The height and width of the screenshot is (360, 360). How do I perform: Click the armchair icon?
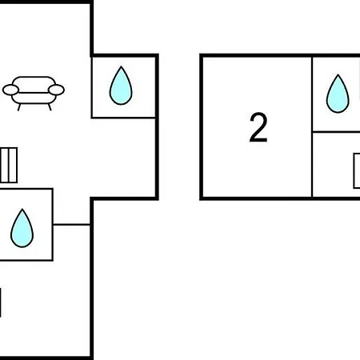(x=34, y=94)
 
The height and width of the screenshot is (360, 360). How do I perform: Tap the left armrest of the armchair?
(x=10, y=90)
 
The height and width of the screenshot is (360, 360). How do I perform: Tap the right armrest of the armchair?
(x=56, y=90)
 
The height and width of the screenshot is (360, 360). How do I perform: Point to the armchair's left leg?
(x=19, y=107)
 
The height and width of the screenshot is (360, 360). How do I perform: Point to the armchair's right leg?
(x=50, y=107)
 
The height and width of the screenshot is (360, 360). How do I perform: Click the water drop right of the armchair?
(x=121, y=86)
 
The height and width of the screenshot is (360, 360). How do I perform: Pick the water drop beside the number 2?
(x=338, y=94)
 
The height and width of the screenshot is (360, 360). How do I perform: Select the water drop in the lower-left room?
(x=22, y=228)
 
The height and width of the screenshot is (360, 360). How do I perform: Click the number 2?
(x=258, y=127)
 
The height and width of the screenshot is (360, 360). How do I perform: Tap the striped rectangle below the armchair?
(x=9, y=166)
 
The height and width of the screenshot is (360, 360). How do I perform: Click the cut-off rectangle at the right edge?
(x=357, y=171)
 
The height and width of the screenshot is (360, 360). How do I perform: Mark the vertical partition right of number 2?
(x=312, y=127)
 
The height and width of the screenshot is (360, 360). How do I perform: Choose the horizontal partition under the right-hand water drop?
(x=337, y=132)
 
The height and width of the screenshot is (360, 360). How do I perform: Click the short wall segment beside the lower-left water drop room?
(x=71, y=225)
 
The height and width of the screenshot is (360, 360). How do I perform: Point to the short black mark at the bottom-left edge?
(x=1, y=302)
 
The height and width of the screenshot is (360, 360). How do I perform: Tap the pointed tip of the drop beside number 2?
(x=338, y=74)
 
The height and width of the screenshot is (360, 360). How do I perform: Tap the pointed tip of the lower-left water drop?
(x=22, y=209)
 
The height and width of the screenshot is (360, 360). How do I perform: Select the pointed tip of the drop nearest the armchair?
(x=121, y=66)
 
